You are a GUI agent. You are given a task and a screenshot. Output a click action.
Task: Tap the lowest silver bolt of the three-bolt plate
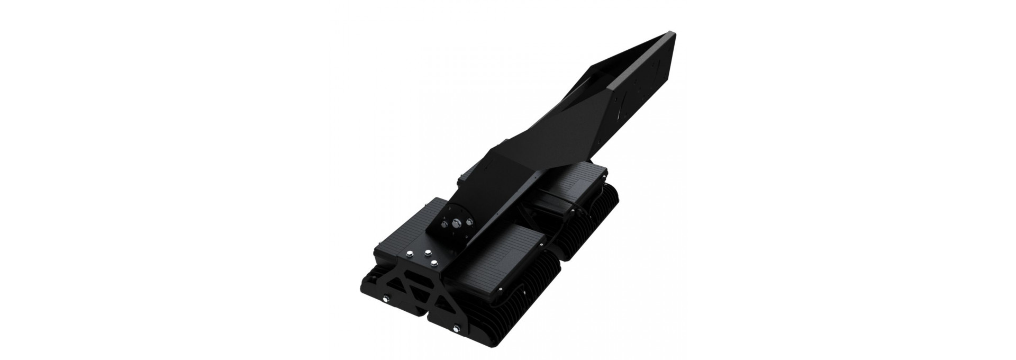(434, 263)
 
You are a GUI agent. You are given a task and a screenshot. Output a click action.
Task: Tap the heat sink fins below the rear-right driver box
(593, 233)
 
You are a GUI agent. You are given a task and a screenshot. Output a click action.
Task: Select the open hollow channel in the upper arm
(609, 90)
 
